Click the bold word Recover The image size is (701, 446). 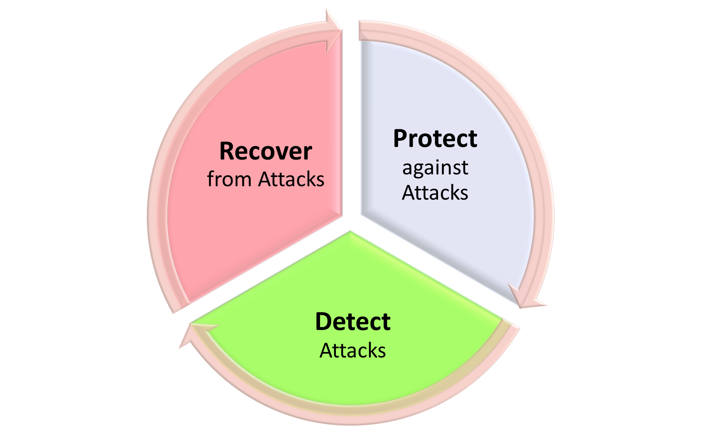(265, 151)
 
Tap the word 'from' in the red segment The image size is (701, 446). (229, 179)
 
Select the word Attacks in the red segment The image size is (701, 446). (291, 179)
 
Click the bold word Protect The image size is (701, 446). (435, 139)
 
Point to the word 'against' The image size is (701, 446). (435, 168)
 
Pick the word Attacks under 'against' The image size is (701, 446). (435, 193)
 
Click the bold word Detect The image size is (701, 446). (353, 322)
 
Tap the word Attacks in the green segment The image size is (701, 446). (353, 351)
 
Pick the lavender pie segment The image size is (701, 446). (451, 235)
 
